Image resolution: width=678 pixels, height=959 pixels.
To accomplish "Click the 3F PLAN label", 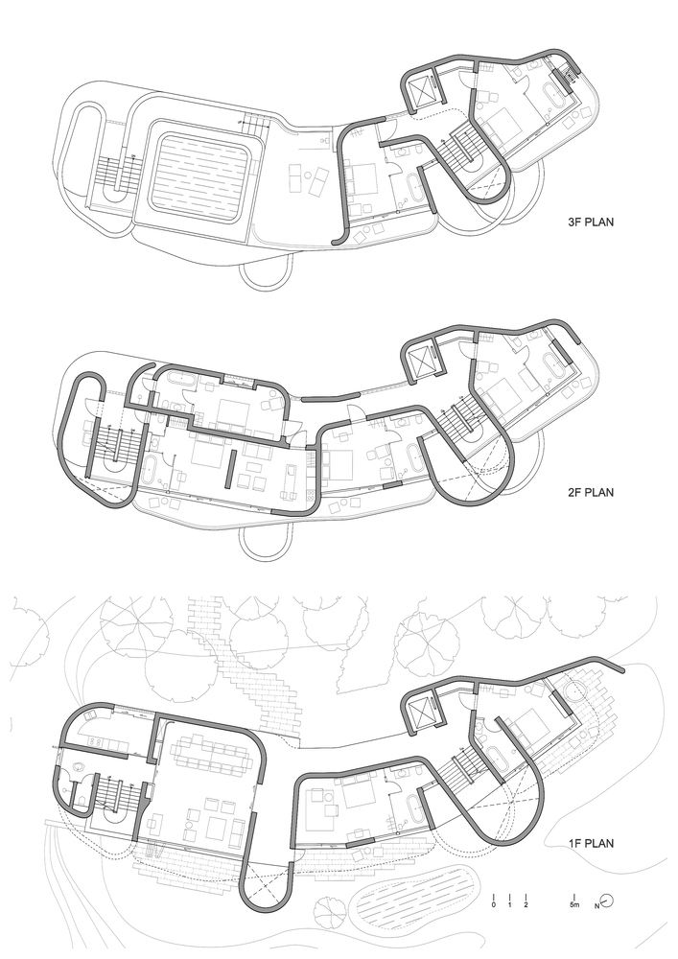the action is coord(590,222).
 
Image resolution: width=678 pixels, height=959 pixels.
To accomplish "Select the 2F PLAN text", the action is coord(590,492).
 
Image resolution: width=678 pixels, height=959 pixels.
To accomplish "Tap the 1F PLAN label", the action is coord(590,843).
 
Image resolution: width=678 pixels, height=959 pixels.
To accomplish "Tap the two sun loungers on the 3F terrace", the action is coord(307,179).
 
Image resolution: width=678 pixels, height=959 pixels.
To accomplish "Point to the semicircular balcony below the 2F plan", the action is coord(265,540).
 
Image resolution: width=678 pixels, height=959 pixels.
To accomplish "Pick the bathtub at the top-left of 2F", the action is coord(178,380).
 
